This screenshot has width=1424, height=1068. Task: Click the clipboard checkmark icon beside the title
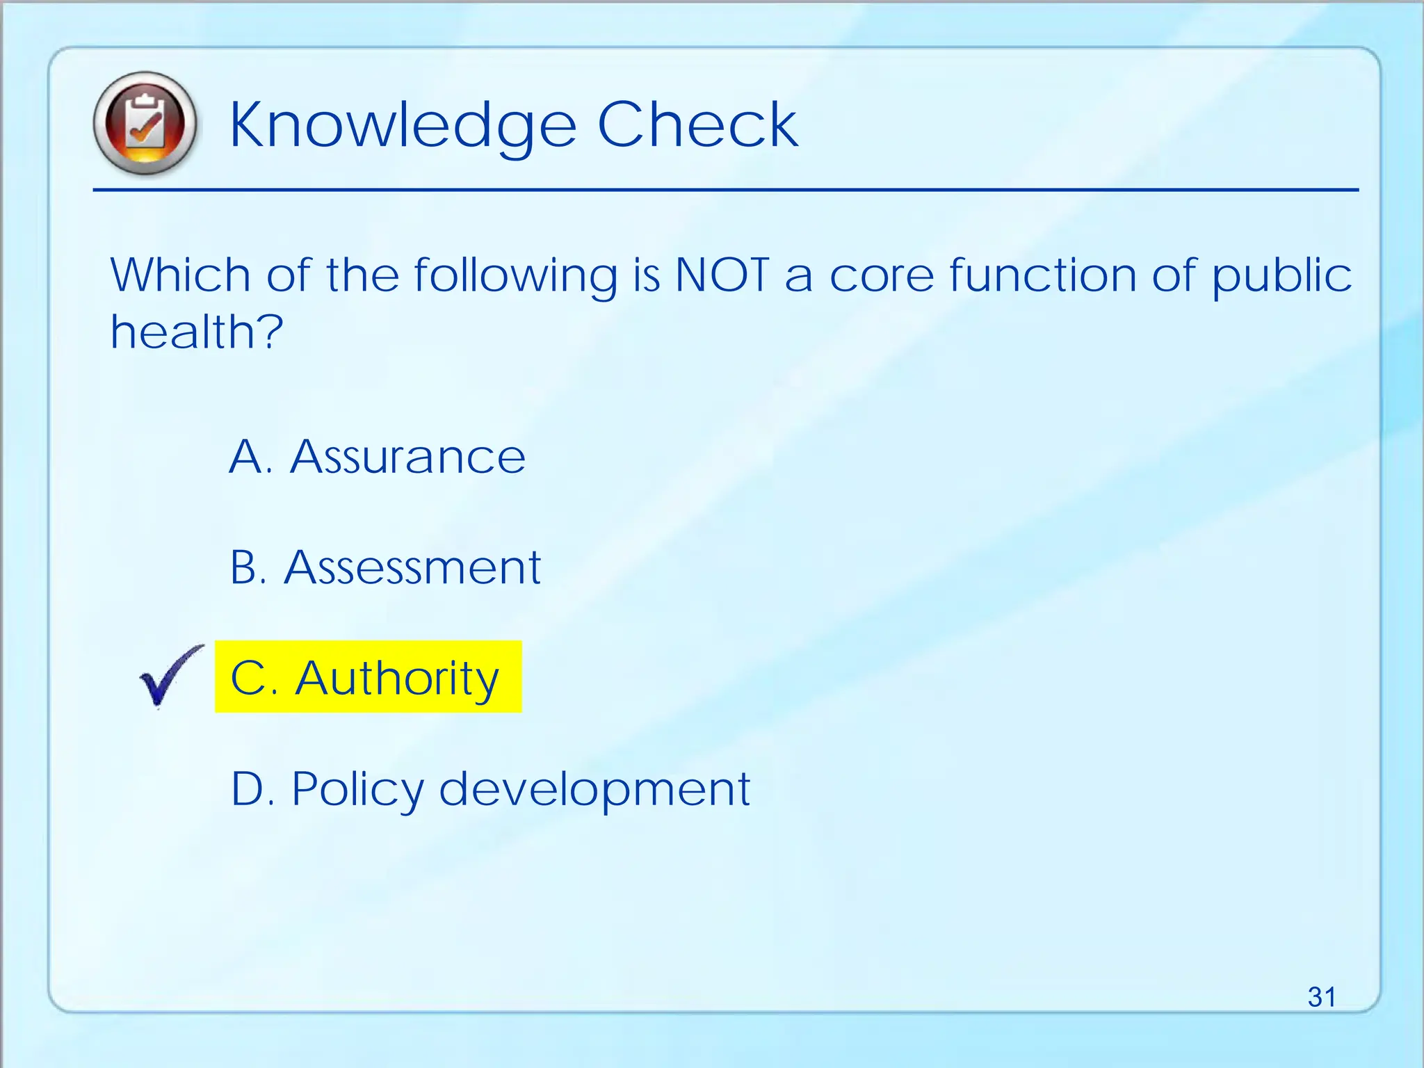pos(145,124)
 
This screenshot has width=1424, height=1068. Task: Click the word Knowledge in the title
pos(403,125)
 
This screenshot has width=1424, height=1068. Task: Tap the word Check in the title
pos(697,125)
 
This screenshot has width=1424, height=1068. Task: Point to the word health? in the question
pos(197,332)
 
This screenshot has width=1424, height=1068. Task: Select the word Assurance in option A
pos(407,458)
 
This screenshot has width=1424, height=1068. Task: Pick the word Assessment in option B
pos(412,567)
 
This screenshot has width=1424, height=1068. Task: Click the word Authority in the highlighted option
pos(397,678)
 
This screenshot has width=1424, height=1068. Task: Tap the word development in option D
pos(594,790)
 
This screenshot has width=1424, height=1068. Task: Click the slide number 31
pos(1321,997)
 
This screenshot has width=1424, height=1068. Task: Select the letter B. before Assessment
pos(248,567)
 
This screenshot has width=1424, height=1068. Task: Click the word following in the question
pos(515,277)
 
